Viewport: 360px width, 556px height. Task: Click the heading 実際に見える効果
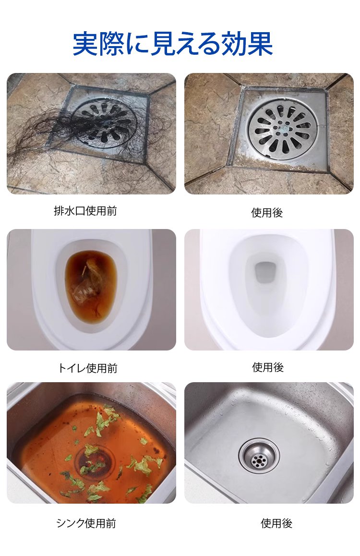pos(173,44)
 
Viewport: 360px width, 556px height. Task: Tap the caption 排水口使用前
pos(85,211)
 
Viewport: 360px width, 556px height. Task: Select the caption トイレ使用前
pos(87,368)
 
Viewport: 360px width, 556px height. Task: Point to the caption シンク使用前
pos(86,523)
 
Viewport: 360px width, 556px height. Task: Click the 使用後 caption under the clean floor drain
pos(267,213)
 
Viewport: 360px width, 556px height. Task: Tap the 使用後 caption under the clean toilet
pos(268,367)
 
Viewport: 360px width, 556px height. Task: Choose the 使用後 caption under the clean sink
pos(276,523)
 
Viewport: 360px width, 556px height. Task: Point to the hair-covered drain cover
pos(104,123)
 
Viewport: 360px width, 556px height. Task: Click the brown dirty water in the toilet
pos(91,287)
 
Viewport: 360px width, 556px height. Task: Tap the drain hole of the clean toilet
pos(265,272)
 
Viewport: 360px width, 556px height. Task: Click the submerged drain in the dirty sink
pos(95,460)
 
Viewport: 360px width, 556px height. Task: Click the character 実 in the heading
pos(85,44)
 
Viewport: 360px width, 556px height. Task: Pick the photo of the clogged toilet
pos(91,290)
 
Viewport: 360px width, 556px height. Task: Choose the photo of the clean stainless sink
pos(269,443)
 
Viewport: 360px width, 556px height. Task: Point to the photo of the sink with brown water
pos(91,443)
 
